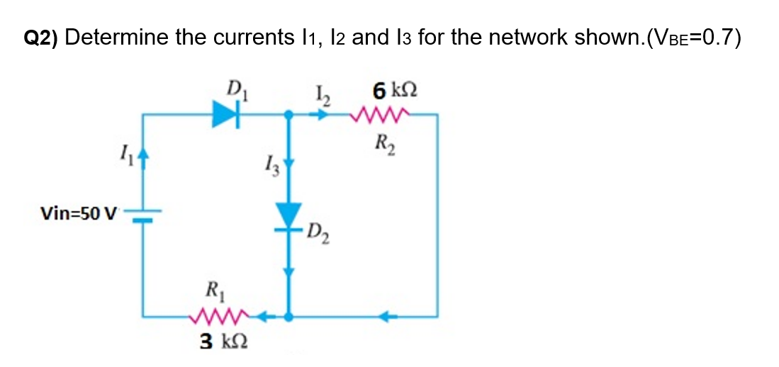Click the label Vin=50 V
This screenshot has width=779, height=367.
tap(79, 213)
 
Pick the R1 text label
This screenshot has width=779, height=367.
tap(212, 290)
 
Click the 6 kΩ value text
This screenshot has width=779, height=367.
tap(393, 91)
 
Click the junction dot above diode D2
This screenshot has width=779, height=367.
tap(288, 113)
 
